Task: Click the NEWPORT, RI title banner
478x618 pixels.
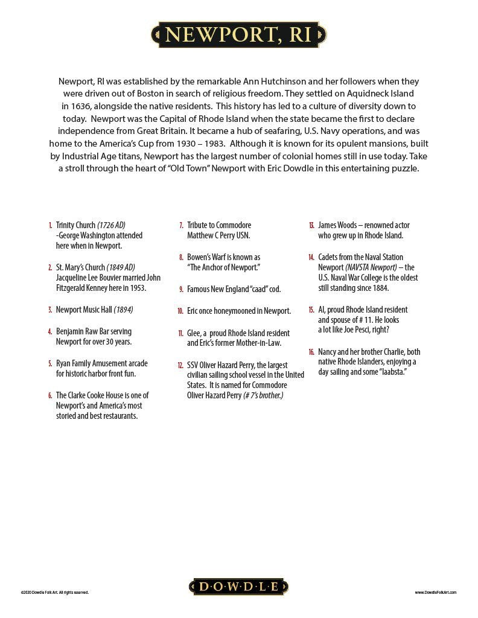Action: tap(238, 35)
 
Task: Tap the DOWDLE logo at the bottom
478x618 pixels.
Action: tap(238, 586)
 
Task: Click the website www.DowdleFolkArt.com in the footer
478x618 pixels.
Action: tap(436, 593)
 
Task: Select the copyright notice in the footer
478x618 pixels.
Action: tap(54, 593)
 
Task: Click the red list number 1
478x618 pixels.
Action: tap(51, 225)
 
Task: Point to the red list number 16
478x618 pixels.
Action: tap(311, 352)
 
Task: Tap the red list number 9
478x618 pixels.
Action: tap(181, 290)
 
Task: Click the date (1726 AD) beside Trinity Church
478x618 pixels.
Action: tap(112, 225)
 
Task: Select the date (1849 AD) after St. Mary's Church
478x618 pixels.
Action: tap(121, 267)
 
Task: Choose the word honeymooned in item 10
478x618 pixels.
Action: tap(226, 311)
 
